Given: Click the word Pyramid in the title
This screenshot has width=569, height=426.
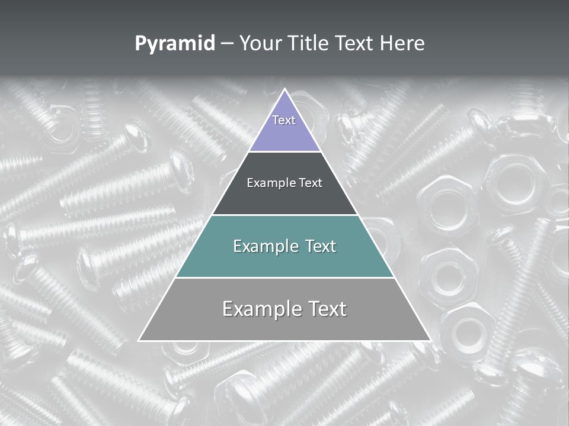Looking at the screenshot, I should pyautogui.click(x=174, y=44).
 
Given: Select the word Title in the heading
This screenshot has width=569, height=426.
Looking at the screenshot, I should pyautogui.click(x=308, y=44).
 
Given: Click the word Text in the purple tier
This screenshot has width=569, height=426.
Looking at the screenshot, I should pyautogui.click(x=284, y=120).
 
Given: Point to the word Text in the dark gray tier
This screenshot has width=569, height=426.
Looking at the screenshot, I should pyautogui.click(x=310, y=183).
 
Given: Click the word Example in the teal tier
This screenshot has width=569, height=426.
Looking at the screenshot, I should pyautogui.click(x=265, y=246).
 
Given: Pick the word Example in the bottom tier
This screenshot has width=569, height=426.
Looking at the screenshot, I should pyautogui.click(x=260, y=309).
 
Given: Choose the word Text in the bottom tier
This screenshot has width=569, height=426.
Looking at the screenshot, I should pyautogui.click(x=324, y=309).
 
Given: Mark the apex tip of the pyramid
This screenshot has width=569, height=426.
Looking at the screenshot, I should pyautogui.click(x=284, y=89).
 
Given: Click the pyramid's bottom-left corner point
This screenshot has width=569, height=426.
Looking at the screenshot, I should pyautogui.click(x=139, y=340).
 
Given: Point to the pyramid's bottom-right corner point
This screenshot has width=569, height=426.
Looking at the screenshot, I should pyautogui.click(x=431, y=340).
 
